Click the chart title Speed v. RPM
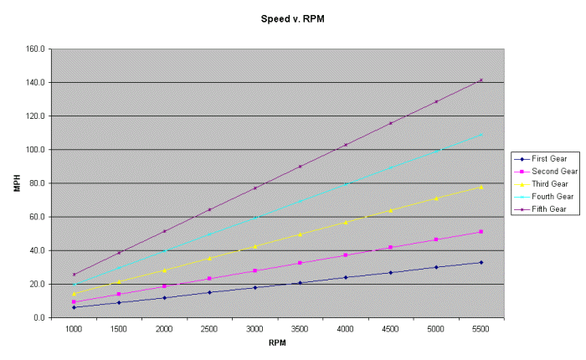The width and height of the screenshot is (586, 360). point(285,16)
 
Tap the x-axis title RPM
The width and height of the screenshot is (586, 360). point(277,342)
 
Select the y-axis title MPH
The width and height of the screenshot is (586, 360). point(16,183)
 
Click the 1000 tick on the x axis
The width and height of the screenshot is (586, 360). point(74,329)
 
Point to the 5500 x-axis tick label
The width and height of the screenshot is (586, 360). point(481,329)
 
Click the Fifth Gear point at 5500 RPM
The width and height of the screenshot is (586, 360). point(481,80)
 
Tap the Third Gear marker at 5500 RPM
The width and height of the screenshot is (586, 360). point(481,187)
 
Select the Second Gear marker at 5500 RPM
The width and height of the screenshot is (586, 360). point(481,231)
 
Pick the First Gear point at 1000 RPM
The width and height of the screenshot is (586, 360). point(74,307)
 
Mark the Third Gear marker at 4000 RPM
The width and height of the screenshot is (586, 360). point(345,222)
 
